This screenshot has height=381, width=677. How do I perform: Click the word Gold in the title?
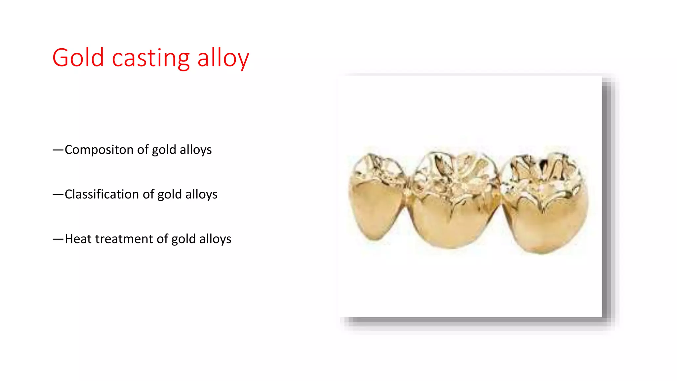tap(78, 58)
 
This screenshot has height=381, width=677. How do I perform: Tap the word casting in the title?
tap(151, 58)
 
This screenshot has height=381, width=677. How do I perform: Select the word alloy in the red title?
tap(223, 58)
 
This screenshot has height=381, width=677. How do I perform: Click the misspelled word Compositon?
tap(99, 150)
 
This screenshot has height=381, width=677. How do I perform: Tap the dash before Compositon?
tap(58, 150)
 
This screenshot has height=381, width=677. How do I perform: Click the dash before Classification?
tap(58, 195)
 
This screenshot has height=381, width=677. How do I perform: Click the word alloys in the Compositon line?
tap(196, 150)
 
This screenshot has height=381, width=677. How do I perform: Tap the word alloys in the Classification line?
tap(201, 194)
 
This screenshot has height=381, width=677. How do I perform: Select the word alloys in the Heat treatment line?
tap(215, 239)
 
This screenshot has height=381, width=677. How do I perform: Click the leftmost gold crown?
tap(377, 198)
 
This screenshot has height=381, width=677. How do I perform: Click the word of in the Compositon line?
tap(143, 150)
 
